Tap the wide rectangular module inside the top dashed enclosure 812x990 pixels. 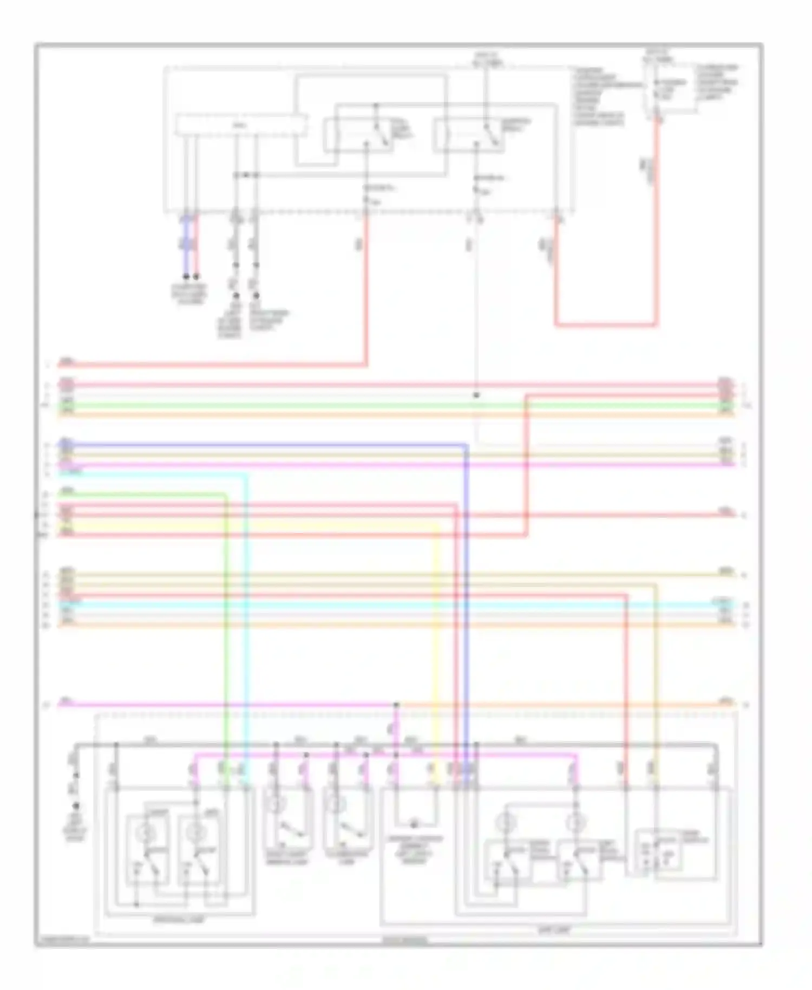[241, 125]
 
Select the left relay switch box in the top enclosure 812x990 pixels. [358, 135]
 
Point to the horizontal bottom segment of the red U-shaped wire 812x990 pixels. [606, 325]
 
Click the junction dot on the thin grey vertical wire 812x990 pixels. [476, 395]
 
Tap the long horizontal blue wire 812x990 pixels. [271, 445]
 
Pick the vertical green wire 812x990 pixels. [226, 623]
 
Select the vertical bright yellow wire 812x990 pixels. [438, 650]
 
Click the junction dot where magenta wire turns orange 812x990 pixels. [396, 705]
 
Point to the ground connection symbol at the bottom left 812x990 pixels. [76, 805]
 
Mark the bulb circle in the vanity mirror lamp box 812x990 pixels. [274, 804]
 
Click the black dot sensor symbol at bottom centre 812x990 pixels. [414, 825]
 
